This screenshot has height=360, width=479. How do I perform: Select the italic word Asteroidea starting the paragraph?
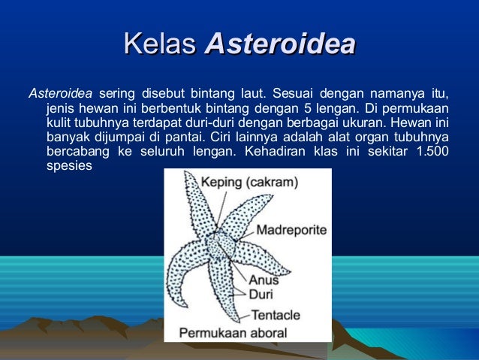coord(60,94)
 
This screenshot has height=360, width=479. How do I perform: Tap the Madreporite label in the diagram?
coord(291,230)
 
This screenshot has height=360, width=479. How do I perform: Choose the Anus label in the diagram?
coord(264,280)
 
